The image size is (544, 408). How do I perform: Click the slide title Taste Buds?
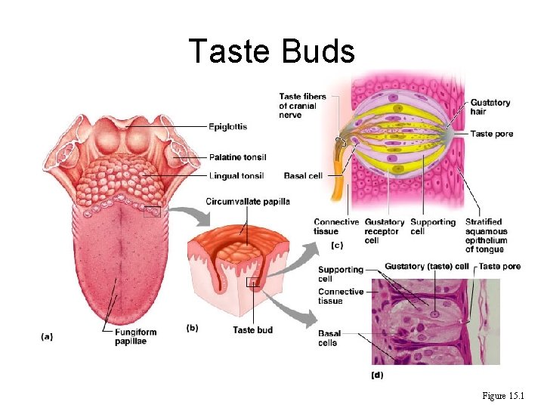point(271,51)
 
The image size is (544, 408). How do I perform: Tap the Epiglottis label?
point(227,126)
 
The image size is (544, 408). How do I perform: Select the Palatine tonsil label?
point(237,157)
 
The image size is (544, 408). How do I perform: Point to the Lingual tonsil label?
point(236,176)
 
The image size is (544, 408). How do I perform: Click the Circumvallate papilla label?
point(248,202)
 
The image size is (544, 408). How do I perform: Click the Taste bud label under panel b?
point(252,329)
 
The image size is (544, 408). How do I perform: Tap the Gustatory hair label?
point(490,107)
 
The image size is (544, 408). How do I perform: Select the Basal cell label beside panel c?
point(303,176)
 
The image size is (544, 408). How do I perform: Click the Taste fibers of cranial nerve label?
point(302,106)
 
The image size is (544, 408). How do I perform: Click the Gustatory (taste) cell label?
point(427,266)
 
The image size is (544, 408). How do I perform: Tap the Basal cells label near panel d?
point(328,338)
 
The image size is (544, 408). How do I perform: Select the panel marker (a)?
point(48,337)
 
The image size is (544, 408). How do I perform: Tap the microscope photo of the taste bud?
point(434,321)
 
